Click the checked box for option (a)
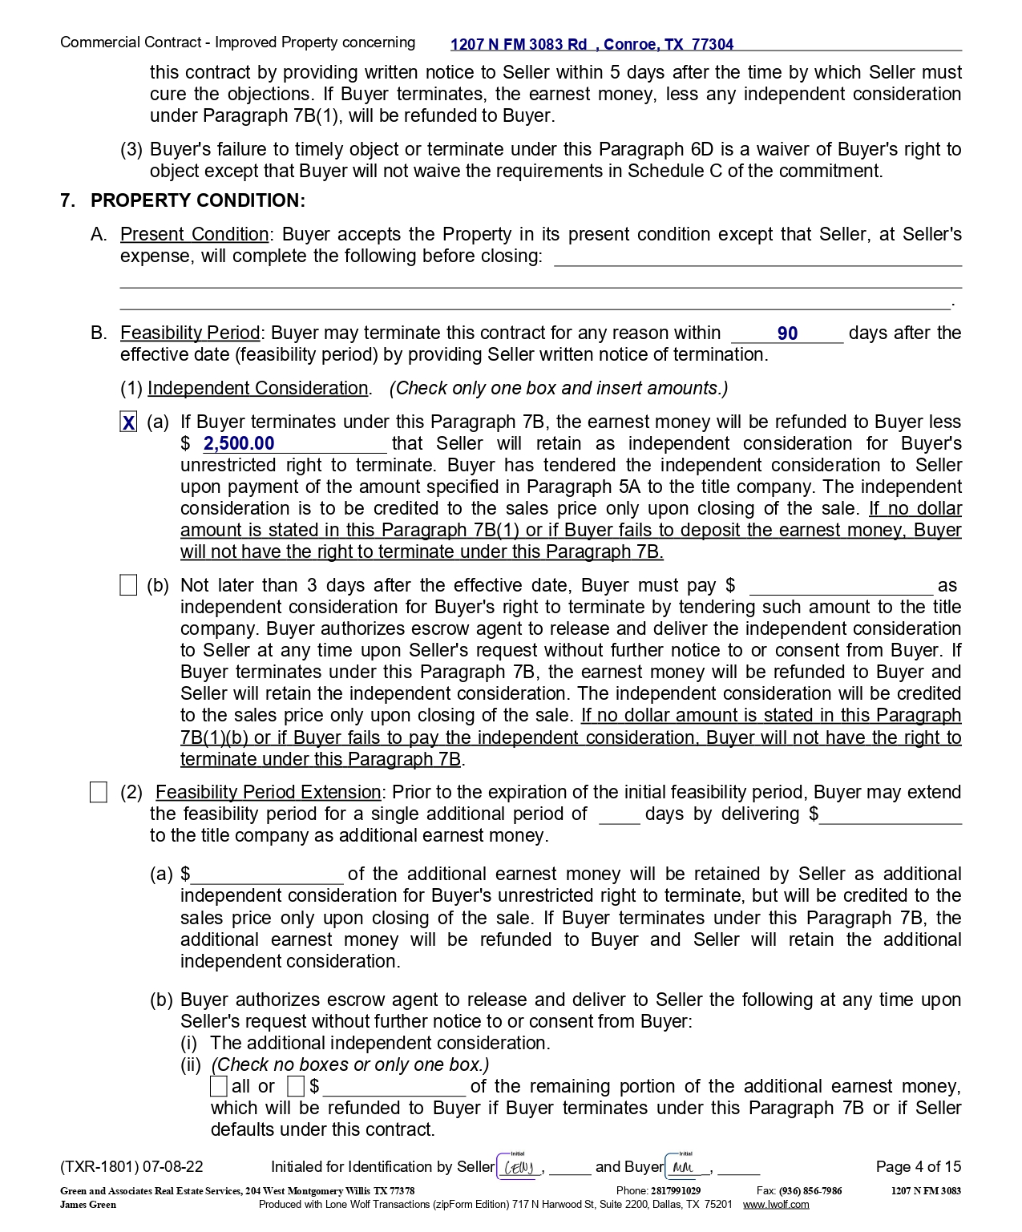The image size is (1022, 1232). click(x=128, y=422)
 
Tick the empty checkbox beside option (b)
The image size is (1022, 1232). click(x=128, y=586)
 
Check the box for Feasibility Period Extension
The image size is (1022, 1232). click(x=99, y=793)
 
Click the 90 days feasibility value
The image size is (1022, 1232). click(x=787, y=333)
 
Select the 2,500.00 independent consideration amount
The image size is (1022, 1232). click(x=239, y=444)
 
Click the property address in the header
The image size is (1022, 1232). click(x=592, y=45)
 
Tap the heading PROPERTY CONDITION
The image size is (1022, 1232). click(x=197, y=200)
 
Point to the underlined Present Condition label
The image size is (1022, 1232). click(x=195, y=235)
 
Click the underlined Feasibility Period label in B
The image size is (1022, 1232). click(x=190, y=333)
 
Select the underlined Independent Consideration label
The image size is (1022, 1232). click(x=257, y=389)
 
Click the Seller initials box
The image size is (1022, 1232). click(x=519, y=1167)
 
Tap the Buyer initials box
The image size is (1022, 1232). click(x=686, y=1167)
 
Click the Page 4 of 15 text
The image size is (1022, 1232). click(x=918, y=1167)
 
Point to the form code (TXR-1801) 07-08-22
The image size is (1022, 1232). click(x=131, y=1167)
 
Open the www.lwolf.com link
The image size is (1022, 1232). click(x=775, y=1205)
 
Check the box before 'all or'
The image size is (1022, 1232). click(x=219, y=1087)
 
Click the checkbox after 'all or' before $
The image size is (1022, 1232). click(x=296, y=1087)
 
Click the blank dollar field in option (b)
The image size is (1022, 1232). click(x=840, y=586)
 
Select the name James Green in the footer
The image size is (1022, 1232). click(x=88, y=1205)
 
